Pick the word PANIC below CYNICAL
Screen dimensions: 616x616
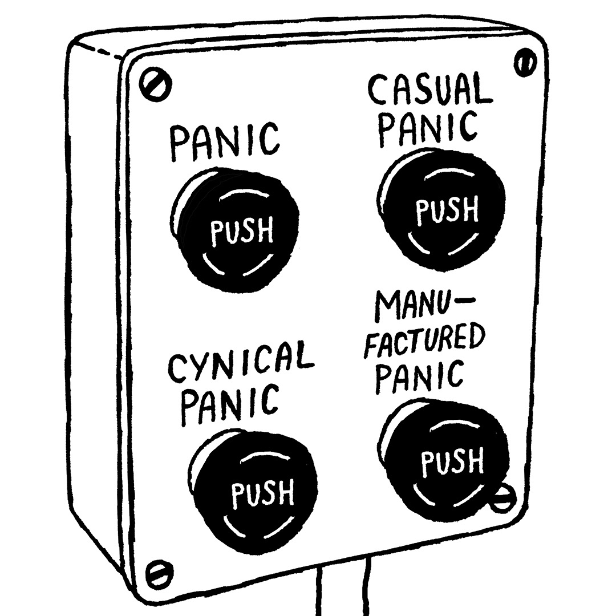(229, 403)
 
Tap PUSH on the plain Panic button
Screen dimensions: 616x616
(242, 232)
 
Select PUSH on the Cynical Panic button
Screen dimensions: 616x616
(262, 493)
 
